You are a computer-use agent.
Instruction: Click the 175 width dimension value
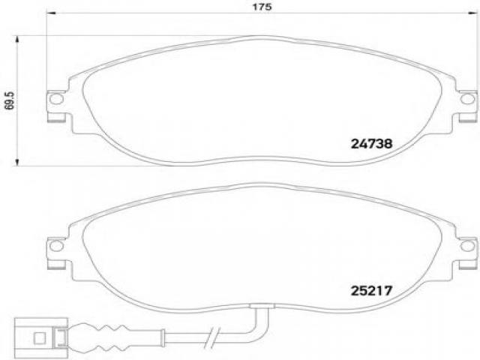[262, 7]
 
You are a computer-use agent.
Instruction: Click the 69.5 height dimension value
[10, 100]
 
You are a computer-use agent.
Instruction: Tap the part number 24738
[371, 143]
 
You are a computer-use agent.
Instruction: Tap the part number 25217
[371, 290]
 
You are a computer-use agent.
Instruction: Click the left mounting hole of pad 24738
[56, 99]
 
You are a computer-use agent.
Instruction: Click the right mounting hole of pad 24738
[467, 99]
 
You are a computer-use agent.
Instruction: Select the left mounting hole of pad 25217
[56, 246]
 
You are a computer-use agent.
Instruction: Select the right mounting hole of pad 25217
[467, 246]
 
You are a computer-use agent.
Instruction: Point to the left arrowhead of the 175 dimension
[51, 13]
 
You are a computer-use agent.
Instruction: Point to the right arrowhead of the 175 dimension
[472, 13]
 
